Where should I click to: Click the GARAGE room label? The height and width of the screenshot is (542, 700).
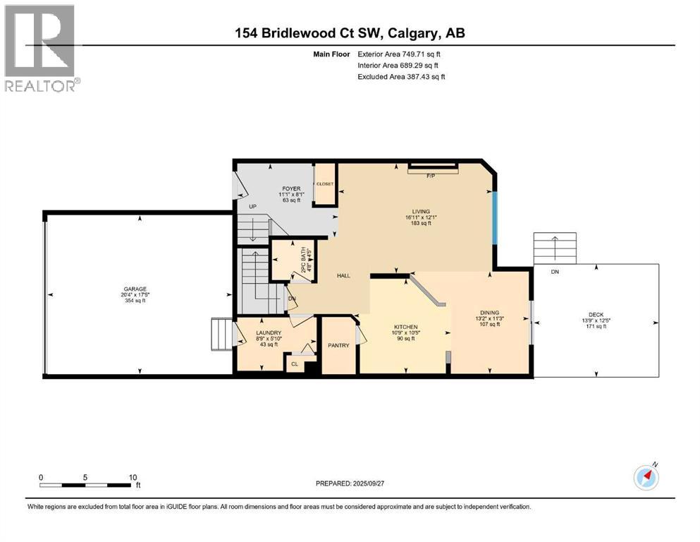click(135, 289)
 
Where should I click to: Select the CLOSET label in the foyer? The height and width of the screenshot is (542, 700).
click(324, 183)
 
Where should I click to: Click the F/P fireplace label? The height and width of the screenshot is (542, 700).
click(431, 176)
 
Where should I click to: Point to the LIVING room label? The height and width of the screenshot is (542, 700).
click(422, 210)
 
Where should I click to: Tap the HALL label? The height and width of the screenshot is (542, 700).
click(343, 276)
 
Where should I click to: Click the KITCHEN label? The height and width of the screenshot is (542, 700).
click(406, 327)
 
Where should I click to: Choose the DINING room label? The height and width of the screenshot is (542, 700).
click(489, 313)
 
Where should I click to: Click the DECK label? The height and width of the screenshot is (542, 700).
click(596, 316)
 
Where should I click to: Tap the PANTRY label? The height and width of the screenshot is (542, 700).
click(339, 347)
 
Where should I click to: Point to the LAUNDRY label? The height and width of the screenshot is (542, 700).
click(269, 333)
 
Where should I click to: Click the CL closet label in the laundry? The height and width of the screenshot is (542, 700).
click(294, 365)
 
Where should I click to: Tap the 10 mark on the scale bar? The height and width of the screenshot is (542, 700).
click(133, 477)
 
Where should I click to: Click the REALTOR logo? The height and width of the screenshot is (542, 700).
click(42, 47)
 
